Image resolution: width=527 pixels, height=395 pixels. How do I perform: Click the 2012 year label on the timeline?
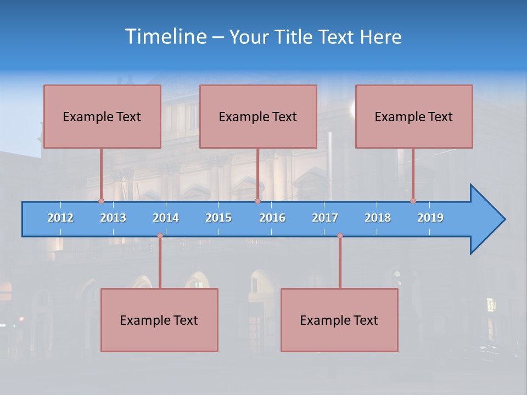pyautogui.click(x=60, y=218)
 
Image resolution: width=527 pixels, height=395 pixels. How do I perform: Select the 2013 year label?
pyautogui.click(x=113, y=218)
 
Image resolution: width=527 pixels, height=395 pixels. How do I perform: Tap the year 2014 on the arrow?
pyautogui.click(x=166, y=218)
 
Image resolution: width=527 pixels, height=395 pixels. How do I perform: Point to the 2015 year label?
pyautogui.click(x=218, y=218)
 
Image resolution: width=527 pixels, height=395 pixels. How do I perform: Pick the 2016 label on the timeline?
pyautogui.click(x=272, y=218)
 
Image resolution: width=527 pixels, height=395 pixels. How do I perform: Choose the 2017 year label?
pyautogui.click(x=325, y=218)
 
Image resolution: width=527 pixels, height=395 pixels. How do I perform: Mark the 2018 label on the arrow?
pyautogui.click(x=378, y=218)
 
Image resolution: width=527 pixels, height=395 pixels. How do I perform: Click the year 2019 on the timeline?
pyautogui.click(x=430, y=218)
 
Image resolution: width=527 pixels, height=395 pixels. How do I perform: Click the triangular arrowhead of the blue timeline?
pyautogui.click(x=486, y=219)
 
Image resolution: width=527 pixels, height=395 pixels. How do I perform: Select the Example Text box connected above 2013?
pyautogui.click(x=102, y=116)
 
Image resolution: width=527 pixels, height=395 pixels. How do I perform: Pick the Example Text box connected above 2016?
pyautogui.click(x=258, y=116)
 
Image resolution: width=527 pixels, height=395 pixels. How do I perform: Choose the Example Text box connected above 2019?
pyautogui.click(x=414, y=116)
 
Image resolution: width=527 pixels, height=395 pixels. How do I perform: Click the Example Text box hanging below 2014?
pyautogui.click(x=159, y=320)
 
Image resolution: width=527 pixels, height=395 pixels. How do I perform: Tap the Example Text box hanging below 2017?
pyautogui.click(x=339, y=320)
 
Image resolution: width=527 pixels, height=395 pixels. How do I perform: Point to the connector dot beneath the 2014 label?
pyautogui.click(x=160, y=236)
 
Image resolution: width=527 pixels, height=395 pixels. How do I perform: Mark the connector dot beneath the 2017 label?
pyautogui.click(x=340, y=236)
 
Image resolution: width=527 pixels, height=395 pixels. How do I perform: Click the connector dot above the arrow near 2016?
pyautogui.click(x=257, y=201)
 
